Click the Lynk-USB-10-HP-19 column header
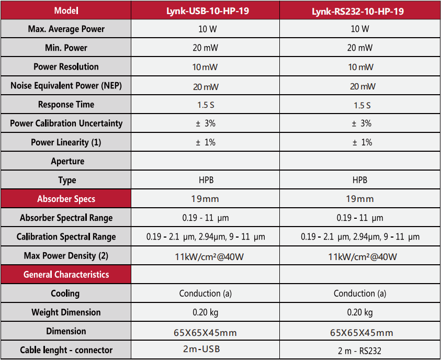tap(205, 10)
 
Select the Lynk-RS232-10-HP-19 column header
tap(360, 10)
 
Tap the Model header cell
tap(66, 10)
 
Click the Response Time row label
tap(66, 105)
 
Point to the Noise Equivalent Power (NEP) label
tap(66, 86)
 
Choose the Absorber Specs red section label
tap(66, 199)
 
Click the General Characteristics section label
tap(66, 274)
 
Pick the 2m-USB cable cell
tap(205, 350)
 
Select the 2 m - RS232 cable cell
tap(360, 350)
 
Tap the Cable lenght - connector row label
tap(66, 350)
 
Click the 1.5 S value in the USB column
tap(205, 105)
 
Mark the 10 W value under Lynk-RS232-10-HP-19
tap(360, 29)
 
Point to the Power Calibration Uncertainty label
tap(66, 123)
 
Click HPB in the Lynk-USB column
tap(205, 180)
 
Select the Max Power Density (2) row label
tap(66, 256)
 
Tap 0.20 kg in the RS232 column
tap(360, 312)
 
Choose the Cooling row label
tap(66, 293)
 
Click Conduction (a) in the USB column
tap(205, 294)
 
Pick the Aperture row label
tap(66, 161)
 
